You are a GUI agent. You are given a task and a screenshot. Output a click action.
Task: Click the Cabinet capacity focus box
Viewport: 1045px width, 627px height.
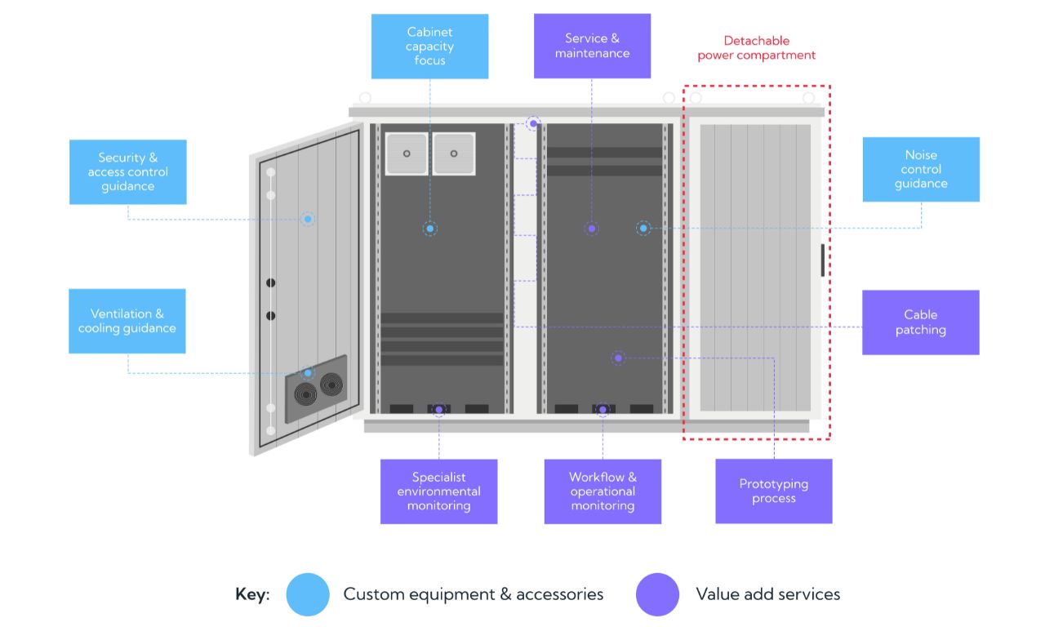click(429, 47)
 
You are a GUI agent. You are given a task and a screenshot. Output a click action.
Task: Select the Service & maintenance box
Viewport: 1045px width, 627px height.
click(592, 46)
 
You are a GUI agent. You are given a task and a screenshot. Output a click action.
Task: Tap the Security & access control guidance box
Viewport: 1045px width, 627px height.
click(128, 171)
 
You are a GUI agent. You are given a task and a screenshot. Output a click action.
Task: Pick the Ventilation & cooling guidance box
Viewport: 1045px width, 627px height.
click(127, 321)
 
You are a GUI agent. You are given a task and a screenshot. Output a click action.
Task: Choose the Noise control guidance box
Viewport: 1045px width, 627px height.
click(921, 169)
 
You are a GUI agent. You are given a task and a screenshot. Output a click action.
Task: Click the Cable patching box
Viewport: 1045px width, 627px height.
click(920, 322)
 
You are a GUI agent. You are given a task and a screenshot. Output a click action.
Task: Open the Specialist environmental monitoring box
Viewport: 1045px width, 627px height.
click(438, 491)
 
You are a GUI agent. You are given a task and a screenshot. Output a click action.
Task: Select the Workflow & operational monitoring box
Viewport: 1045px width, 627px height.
click(603, 491)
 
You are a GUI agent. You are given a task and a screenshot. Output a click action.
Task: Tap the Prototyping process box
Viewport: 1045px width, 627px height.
click(774, 491)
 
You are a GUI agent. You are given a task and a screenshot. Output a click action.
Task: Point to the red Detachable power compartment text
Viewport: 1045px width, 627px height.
click(756, 48)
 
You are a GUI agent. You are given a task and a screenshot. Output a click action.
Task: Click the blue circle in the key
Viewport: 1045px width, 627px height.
click(308, 594)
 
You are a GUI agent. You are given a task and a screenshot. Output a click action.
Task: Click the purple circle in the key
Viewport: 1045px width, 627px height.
click(657, 594)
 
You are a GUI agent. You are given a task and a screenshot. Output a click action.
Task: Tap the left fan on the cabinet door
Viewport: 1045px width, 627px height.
click(305, 394)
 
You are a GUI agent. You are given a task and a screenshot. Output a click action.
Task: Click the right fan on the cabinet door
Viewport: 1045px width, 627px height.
click(331, 385)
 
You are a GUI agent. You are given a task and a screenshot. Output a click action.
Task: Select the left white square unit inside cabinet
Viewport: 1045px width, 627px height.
click(407, 153)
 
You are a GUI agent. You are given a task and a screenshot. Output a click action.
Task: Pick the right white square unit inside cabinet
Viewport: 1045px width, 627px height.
click(454, 153)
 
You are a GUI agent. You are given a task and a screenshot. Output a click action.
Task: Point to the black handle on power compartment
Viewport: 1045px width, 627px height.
click(822, 260)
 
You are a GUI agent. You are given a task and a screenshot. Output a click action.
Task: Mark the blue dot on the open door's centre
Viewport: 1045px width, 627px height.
click(308, 219)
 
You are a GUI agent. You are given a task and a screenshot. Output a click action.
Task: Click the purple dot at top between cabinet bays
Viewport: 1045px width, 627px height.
click(533, 123)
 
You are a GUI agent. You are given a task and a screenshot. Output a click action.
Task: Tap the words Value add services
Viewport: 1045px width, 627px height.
click(768, 594)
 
